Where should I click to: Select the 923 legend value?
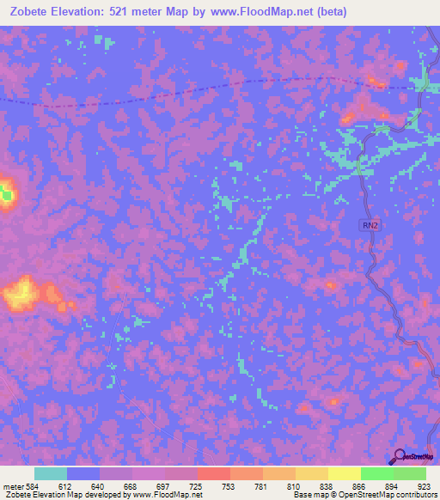[x=424, y=485]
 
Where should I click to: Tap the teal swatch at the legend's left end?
[x=50, y=473]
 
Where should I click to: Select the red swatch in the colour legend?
[x=213, y=473]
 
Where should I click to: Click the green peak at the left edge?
[x=6, y=195]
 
